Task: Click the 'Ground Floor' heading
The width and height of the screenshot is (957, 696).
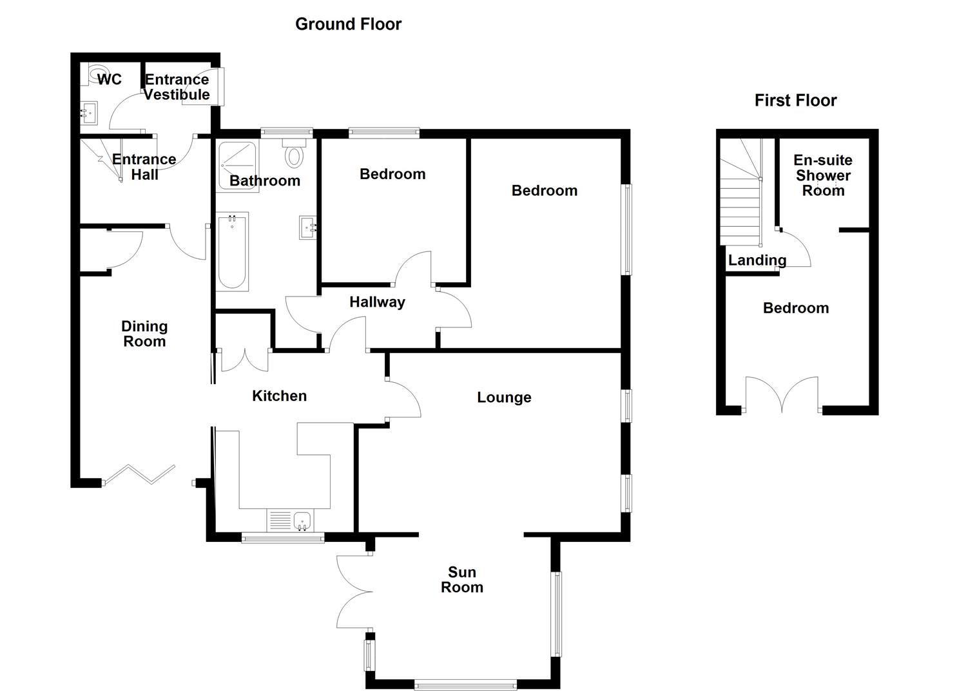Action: coord(348,24)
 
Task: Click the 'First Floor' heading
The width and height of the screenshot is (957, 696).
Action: coord(795,101)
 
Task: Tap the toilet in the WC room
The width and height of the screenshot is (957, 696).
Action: coord(96,74)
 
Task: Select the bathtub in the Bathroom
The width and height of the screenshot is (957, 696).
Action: coord(232,252)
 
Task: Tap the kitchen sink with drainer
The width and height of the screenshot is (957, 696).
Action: coord(289,520)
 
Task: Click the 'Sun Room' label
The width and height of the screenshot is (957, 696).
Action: coord(461,579)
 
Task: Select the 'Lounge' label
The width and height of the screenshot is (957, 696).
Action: coord(504,398)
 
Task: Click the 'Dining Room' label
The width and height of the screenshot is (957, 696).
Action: coord(144,334)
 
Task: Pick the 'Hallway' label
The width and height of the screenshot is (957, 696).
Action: coord(377,302)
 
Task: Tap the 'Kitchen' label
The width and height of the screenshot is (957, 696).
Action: coord(279,396)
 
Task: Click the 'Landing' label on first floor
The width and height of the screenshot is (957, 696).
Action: coord(757,260)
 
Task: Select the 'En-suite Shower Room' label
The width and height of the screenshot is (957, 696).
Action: coord(822,175)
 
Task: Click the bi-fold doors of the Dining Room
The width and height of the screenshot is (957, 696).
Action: coord(139,474)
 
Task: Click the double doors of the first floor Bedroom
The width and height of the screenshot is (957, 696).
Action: coord(782,394)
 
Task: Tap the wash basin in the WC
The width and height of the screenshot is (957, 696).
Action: coord(88,114)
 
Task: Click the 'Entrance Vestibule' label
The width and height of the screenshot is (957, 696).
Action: coord(177,87)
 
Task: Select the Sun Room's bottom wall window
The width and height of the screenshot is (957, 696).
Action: coord(465,685)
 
